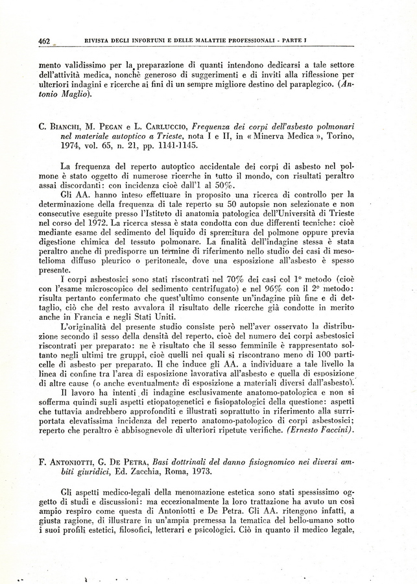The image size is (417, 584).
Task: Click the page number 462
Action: pos(45,41)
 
